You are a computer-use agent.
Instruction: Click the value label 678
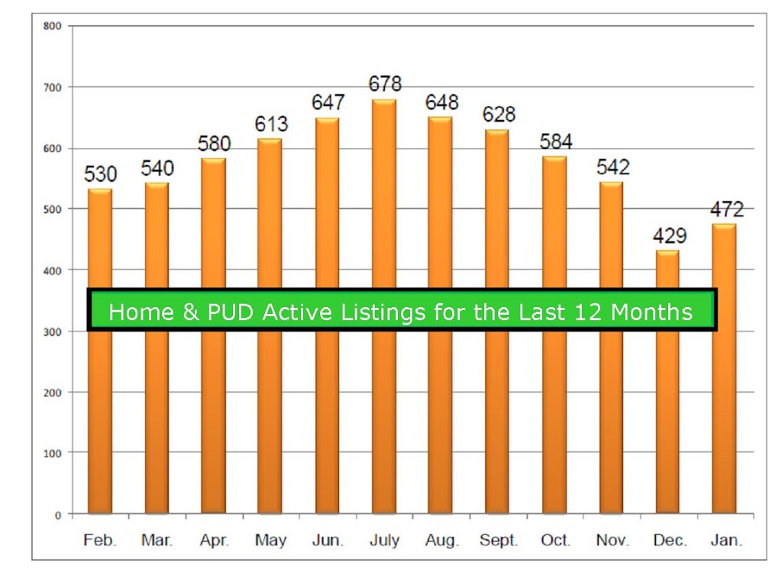[385, 84]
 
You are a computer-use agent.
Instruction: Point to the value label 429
[670, 235]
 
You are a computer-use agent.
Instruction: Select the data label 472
[727, 209]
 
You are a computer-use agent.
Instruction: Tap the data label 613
[271, 124]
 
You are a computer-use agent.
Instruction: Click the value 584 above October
[556, 141]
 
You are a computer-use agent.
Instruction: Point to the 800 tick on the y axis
[53, 26]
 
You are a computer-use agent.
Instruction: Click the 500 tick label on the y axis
[53, 209]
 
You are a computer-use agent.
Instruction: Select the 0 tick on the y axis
[58, 515]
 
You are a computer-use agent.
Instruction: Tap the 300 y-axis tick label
[53, 332]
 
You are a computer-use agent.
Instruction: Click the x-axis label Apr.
[214, 540]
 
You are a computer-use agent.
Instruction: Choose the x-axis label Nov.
[612, 540]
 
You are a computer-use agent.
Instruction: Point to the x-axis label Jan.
[727, 540]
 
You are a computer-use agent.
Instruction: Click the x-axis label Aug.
[442, 541]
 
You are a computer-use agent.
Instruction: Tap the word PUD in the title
[231, 312]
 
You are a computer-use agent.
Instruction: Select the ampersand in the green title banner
[190, 312]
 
